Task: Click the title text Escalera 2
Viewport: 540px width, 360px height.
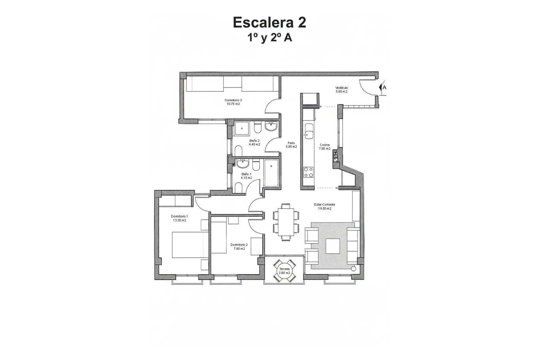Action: click(269, 22)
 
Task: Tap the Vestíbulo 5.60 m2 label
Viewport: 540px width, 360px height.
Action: click(341, 90)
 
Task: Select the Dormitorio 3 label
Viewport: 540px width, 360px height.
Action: click(233, 102)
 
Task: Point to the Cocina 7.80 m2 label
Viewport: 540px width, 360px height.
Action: click(325, 147)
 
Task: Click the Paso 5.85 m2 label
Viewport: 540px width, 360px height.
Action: click(291, 145)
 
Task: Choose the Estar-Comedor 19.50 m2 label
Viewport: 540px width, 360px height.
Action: click(325, 206)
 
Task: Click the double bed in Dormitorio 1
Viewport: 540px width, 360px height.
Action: click(190, 245)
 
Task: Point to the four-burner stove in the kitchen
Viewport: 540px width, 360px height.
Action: click(309, 172)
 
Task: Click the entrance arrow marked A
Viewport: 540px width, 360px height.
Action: click(383, 87)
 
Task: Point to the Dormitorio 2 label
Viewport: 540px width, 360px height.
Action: click(239, 247)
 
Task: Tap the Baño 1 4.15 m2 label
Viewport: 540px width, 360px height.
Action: click(246, 176)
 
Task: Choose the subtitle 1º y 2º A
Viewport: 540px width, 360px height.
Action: click(269, 38)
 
